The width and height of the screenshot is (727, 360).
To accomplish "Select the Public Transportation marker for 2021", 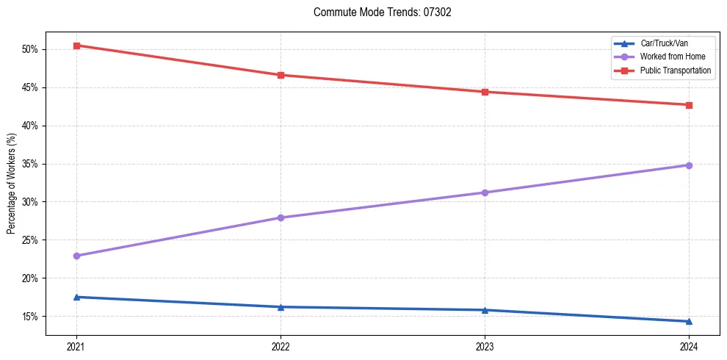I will click(76, 46).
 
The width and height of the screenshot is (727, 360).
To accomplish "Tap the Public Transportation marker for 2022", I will click(281, 75).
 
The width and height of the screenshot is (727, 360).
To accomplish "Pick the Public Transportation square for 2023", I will click(485, 92).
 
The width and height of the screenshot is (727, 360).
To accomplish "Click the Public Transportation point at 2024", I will click(689, 105).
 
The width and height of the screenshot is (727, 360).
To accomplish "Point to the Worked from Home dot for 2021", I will click(76, 256).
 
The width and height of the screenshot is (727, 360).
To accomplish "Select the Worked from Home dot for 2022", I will click(281, 217).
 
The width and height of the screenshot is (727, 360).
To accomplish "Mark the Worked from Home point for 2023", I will click(485, 192).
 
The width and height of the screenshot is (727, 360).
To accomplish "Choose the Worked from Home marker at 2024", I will click(689, 165).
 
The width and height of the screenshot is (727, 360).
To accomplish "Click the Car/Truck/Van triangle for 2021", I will click(76, 297).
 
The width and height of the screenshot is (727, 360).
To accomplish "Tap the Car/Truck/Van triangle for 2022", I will click(281, 306).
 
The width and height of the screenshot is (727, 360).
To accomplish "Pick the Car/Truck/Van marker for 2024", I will click(689, 321).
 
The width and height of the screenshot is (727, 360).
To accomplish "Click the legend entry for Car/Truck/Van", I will click(664, 43).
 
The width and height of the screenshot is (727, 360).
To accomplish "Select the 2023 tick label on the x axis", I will click(485, 345).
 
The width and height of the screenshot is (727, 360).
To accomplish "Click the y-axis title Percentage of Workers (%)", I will click(12, 184).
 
